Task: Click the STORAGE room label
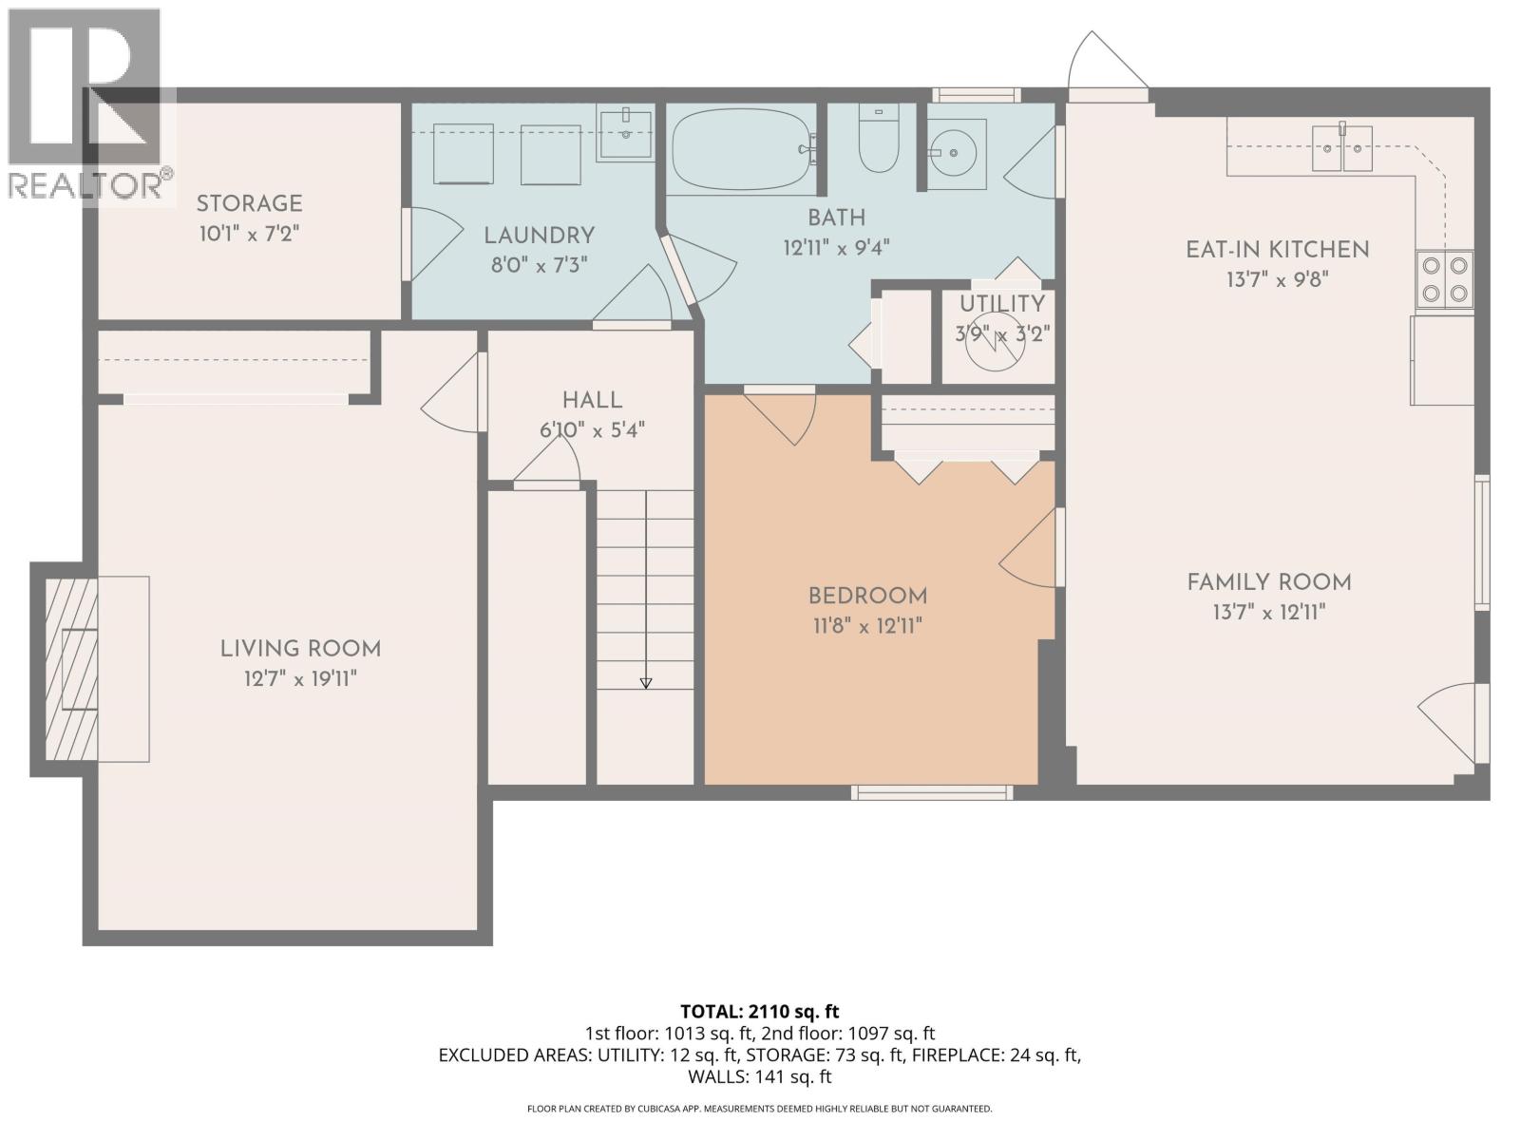(x=249, y=203)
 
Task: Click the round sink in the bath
(x=956, y=153)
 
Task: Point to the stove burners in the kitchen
(x=1445, y=279)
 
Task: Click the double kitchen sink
(x=1342, y=148)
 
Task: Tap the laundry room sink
(x=625, y=134)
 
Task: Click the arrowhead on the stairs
(x=646, y=682)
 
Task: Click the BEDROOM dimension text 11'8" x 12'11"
(x=865, y=626)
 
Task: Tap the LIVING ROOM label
(x=300, y=649)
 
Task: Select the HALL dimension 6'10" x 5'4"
(x=592, y=429)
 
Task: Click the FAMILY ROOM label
(x=1268, y=582)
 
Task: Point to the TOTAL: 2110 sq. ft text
(x=759, y=1012)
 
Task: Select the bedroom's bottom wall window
(x=931, y=792)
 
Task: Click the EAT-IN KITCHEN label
(x=1277, y=250)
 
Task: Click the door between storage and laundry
(x=427, y=243)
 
